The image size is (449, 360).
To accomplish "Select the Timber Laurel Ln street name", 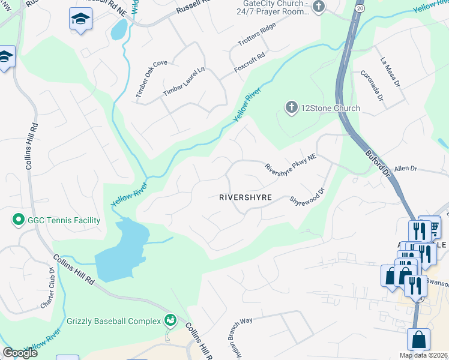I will [x=184, y=82].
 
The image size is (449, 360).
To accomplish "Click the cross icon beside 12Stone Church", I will [x=291, y=108].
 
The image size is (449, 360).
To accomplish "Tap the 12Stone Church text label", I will [x=330, y=108].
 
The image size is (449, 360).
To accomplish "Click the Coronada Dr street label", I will [x=372, y=86].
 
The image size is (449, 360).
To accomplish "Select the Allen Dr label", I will [x=405, y=169].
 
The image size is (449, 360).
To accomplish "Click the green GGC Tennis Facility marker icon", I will [x=18, y=220].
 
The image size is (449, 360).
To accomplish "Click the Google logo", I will [x=20, y=353].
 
